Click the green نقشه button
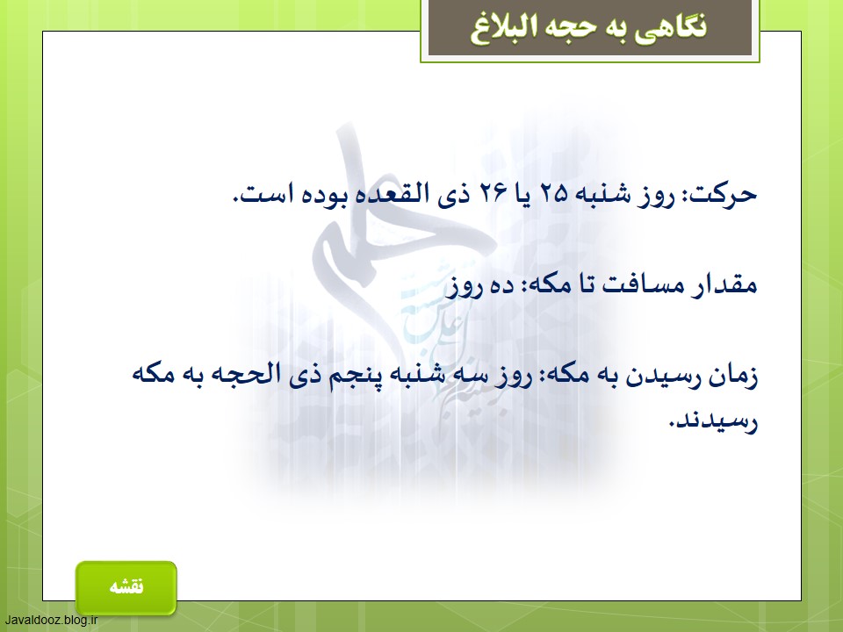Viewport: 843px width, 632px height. click(126, 587)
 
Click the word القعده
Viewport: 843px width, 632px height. click(392, 193)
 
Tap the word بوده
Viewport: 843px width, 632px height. click(324, 193)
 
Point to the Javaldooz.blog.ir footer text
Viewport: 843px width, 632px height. click(51, 621)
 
